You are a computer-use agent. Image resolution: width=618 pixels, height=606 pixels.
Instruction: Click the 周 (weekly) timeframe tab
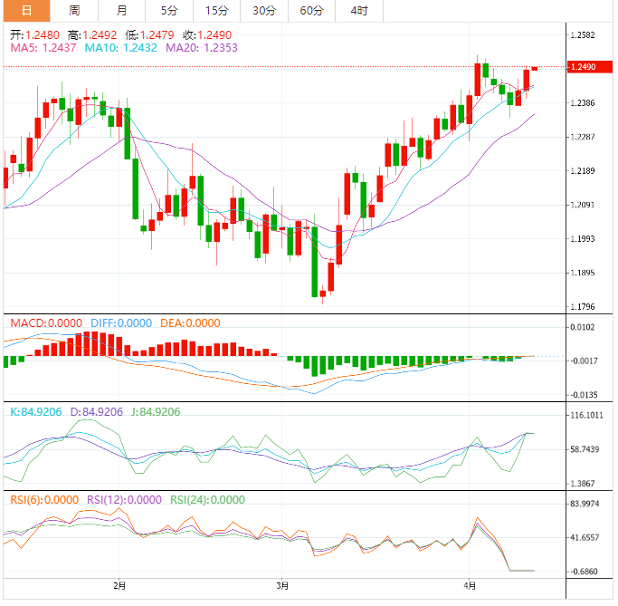coord(74,11)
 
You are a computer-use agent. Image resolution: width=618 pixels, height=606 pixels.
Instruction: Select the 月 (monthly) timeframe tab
coord(122,11)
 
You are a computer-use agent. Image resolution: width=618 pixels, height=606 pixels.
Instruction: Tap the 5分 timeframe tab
coord(169,11)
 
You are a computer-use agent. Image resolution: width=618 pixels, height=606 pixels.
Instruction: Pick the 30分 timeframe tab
coord(264,11)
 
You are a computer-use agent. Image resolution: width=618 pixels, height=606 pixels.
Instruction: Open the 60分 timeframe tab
coord(311,11)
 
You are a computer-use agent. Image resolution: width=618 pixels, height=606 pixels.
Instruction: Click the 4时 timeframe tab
coord(358,11)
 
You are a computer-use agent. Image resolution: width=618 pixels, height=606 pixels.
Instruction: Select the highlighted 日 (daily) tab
coord(26,11)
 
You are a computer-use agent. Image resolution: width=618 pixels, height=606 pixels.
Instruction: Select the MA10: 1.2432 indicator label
coord(124,47)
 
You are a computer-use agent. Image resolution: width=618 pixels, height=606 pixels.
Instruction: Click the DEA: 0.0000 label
coord(190,322)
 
